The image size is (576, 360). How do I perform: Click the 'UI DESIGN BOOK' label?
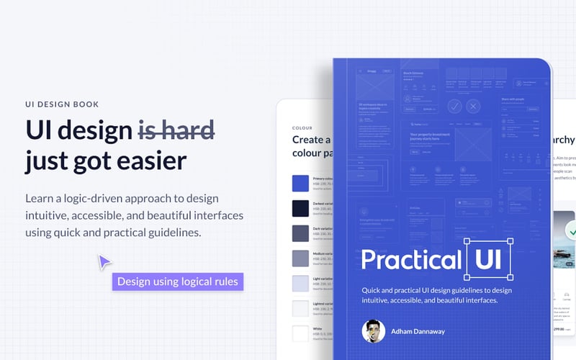61,104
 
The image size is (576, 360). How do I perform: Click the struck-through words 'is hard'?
176,131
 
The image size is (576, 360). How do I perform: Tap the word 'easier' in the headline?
148,160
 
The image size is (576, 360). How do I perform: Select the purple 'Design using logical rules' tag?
177,282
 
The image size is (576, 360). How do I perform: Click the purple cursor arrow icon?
105,261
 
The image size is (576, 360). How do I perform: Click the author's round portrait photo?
373,331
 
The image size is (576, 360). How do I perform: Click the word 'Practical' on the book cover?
410,260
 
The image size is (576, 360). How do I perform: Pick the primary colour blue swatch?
300,184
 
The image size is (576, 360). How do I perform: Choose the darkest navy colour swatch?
300,208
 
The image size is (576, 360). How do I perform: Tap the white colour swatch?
300,333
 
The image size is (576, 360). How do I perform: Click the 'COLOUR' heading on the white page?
302,128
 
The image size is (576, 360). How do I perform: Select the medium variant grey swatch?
300,258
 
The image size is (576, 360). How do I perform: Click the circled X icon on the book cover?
473,107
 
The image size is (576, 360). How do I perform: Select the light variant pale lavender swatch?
300,283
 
